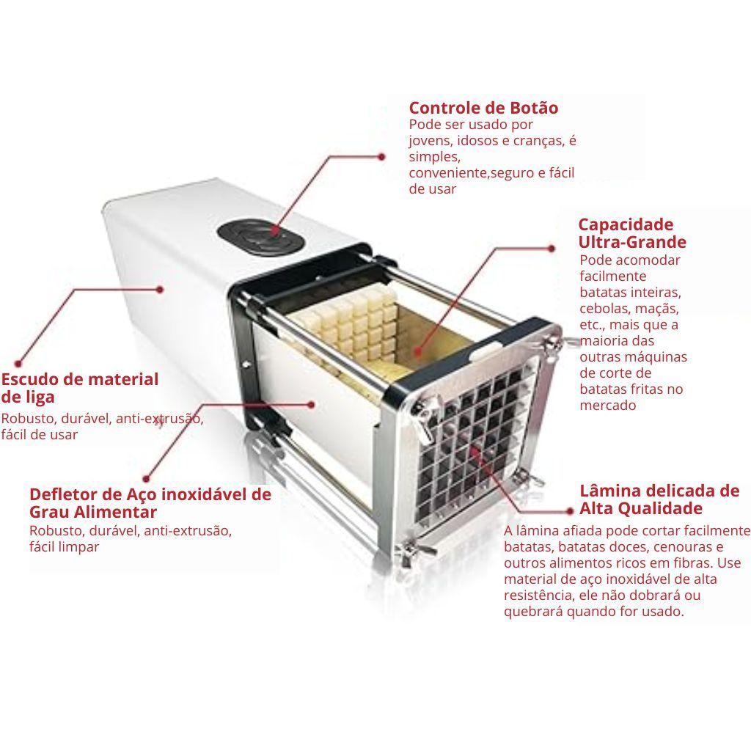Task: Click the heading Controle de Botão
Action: pyautogui.click(x=483, y=108)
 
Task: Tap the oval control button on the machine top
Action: pyautogui.click(x=260, y=236)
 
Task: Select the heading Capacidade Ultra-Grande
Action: pyautogui.click(x=632, y=232)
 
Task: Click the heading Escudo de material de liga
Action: pyautogui.click(x=79, y=387)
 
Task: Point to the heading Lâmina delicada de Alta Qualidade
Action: pyautogui.click(x=659, y=499)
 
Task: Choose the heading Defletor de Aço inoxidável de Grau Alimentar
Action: pyautogui.click(x=150, y=502)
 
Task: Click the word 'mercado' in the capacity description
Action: pyautogui.click(x=608, y=405)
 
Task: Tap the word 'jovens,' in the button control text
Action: pyautogui.click(x=431, y=141)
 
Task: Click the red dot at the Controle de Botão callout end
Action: pyautogui.click(x=381, y=157)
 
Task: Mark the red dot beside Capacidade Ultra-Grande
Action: pyautogui.click(x=552, y=249)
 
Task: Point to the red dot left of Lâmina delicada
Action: pyautogui.click(x=569, y=511)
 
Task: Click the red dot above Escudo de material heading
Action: pyautogui.click(x=18, y=364)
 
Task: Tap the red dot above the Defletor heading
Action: pyautogui.click(x=147, y=478)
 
